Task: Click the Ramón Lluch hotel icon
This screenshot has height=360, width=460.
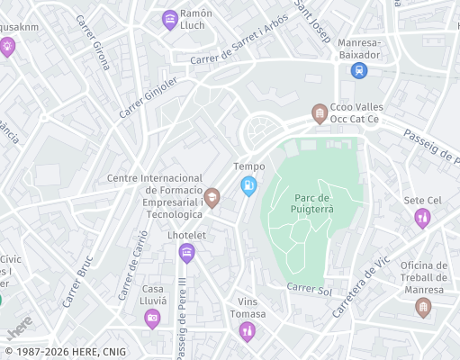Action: (169, 20)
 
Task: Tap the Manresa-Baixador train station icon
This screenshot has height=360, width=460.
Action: (359, 70)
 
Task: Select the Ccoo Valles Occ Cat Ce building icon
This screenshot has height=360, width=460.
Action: (319, 113)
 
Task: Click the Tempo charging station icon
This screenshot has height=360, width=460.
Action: (248, 185)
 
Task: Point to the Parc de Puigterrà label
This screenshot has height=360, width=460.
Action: (312, 203)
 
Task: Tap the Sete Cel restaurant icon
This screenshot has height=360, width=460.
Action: (422, 218)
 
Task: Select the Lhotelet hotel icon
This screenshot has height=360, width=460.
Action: (186, 252)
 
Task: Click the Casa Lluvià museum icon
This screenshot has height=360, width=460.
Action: (152, 318)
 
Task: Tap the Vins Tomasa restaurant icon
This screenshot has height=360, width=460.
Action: (247, 332)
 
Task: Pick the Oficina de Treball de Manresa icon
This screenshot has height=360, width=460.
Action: (422, 308)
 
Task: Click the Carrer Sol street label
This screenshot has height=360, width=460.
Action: (310, 289)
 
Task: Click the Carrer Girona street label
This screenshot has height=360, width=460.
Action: (93, 42)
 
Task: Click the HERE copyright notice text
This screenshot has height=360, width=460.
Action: (65, 352)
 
